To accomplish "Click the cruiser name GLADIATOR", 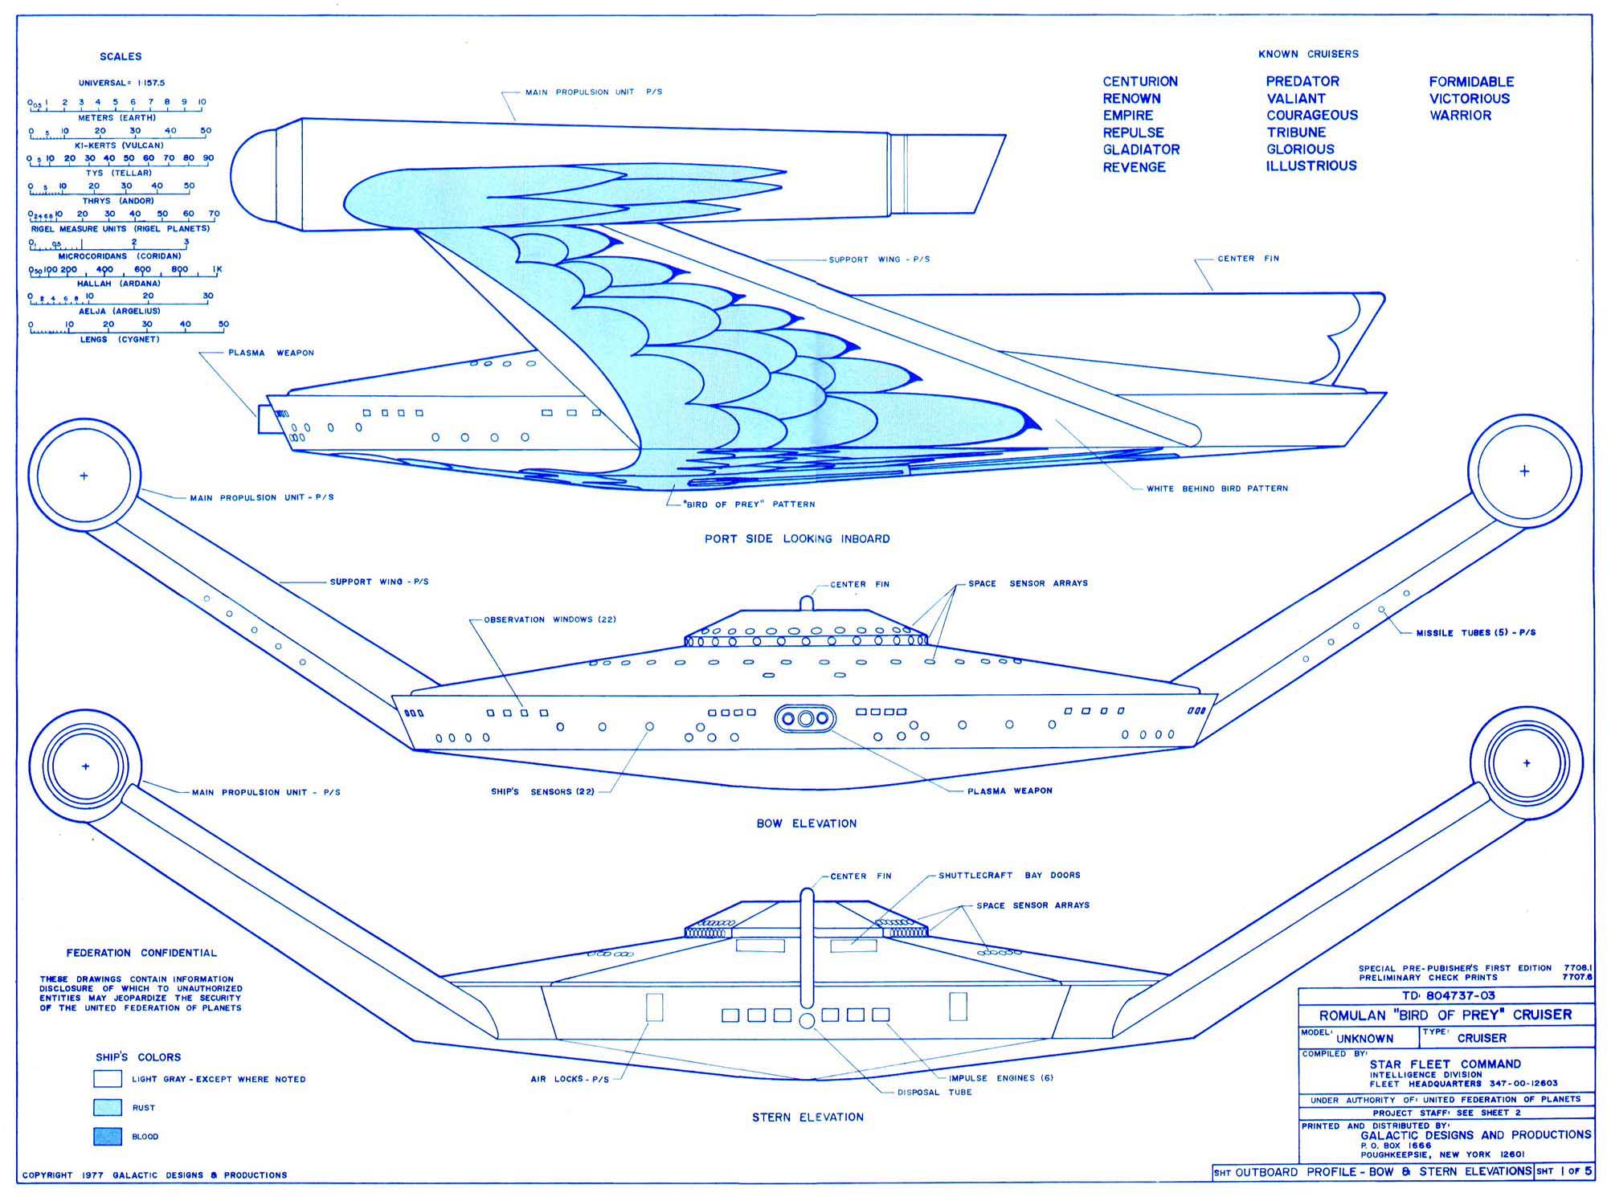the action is [x=1141, y=149].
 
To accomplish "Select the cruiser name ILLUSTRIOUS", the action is [x=1311, y=166].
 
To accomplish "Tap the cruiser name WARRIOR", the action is [x=1460, y=116].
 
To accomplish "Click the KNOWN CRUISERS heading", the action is [x=1308, y=54].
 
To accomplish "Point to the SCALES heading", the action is [x=121, y=56].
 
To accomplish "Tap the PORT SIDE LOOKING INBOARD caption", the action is [x=797, y=539].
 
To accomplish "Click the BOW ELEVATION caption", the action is [x=807, y=823].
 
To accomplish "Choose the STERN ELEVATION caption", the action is [x=808, y=1117].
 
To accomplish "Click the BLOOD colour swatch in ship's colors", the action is [x=108, y=1136].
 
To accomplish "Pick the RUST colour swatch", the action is [x=108, y=1107].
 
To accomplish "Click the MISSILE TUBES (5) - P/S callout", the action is [x=1476, y=633].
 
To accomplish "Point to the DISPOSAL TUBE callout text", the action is [x=935, y=1093].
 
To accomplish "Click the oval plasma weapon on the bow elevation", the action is [x=805, y=718].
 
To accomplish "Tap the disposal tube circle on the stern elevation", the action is [x=808, y=1021].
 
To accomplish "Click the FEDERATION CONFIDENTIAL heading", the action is [x=141, y=953].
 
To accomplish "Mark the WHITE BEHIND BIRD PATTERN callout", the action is [x=1216, y=488].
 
